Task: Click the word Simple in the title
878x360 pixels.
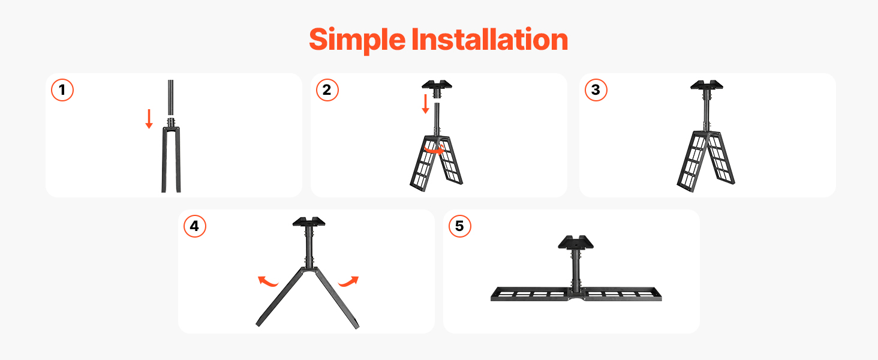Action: [x=357, y=40]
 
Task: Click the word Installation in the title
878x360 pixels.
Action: [x=489, y=40]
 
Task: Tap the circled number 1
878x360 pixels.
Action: [x=62, y=90]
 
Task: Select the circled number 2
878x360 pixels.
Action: [x=327, y=90]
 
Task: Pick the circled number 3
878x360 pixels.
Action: [x=596, y=90]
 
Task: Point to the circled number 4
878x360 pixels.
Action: [x=195, y=226]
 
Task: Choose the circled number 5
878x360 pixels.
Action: [x=460, y=226]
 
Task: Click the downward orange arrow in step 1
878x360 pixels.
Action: [x=149, y=119]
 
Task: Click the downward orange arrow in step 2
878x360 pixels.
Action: [x=425, y=104]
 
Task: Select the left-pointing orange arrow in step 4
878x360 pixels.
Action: [x=267, y=281]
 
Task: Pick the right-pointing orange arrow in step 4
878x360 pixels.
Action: [x=348, y=281]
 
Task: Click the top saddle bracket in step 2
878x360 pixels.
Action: [x=437, y=85]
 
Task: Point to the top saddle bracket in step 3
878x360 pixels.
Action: [x=706, y=85]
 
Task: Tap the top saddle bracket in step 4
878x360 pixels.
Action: [x=309, y=222]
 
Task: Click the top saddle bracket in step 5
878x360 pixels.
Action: [x=576, y=243]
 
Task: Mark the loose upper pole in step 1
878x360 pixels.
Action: [x=170, y=97]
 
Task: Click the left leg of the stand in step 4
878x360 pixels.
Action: [x=279, y=298]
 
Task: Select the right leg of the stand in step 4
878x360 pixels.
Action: [x=336, y=298]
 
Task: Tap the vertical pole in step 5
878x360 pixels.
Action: [x=575, y=271]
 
